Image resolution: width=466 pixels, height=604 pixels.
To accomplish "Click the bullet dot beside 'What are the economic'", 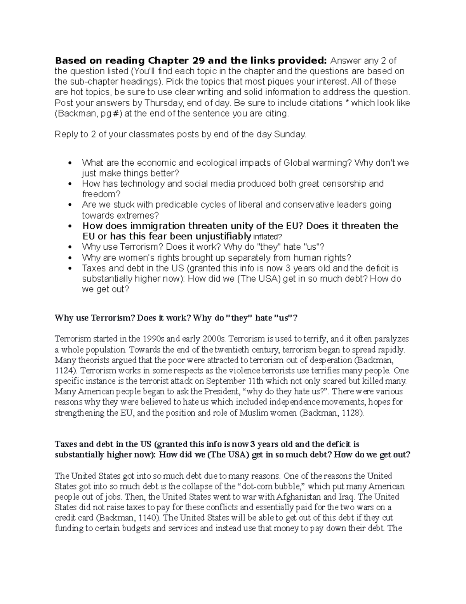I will [70, 163].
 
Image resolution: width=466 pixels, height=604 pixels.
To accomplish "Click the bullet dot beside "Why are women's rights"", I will [70, 258].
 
